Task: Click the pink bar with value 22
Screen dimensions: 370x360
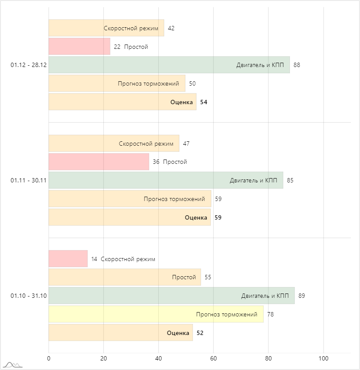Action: [79, 47]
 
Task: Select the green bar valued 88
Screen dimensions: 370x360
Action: [169, 65]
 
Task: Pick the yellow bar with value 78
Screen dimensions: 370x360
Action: [156, 314]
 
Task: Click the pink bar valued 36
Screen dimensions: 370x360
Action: [99, 162]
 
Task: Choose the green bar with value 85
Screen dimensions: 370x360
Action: [166, 180]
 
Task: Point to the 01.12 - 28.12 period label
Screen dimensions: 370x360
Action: [29, 65]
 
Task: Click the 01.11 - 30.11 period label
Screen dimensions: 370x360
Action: [29, 180]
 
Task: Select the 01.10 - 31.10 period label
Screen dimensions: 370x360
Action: [29, 296]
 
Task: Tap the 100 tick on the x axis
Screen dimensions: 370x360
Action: [323, 358]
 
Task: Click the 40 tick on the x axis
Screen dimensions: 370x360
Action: [158, 358]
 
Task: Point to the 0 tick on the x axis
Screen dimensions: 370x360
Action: [48, 358]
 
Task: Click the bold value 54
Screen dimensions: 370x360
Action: [203, 102]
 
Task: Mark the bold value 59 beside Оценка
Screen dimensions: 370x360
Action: [218, 217]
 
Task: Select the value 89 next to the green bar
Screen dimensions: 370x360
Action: [302, 296]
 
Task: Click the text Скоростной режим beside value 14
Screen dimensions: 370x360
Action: [128, 259]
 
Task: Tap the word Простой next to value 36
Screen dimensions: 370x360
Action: [175, 162]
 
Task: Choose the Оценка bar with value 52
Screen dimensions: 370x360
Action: [120, 333]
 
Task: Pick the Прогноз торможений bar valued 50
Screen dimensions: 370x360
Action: [117, 83]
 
